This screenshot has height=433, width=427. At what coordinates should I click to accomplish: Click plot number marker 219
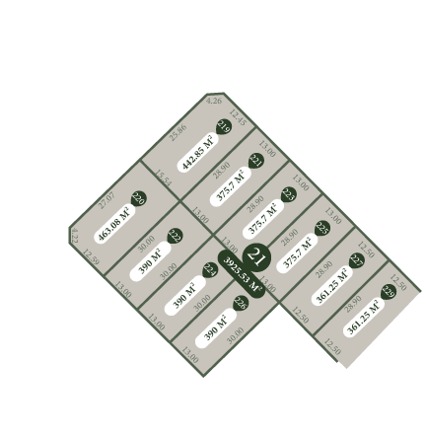(x=223, y=125)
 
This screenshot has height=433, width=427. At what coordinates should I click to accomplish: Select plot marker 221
(x=257, y=161)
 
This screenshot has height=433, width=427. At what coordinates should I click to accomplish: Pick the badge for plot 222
(x=174, y=236)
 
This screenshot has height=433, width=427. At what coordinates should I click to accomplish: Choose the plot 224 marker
(x=208, y=269)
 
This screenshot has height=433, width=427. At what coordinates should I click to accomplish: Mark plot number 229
(x=388, y=292)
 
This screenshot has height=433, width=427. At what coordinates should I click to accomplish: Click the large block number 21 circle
(x=258, y=259)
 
